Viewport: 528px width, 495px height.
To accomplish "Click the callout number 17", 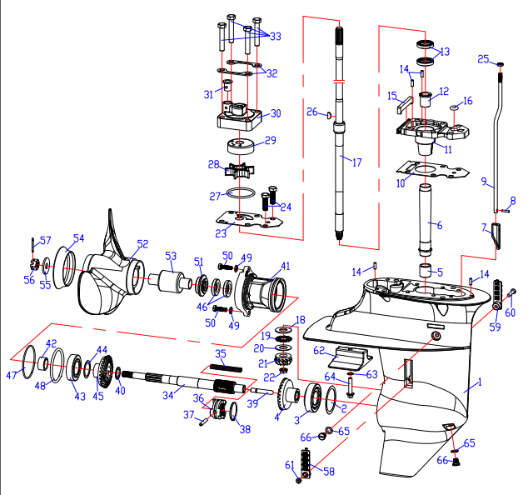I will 358,161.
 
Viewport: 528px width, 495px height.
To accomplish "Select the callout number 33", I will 275,36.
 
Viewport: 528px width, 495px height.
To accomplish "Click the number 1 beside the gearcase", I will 479,384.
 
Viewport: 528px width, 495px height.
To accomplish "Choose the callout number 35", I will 221,354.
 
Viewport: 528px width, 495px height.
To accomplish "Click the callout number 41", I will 286,267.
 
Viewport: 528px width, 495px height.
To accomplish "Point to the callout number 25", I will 483,58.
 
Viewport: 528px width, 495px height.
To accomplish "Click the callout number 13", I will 444,52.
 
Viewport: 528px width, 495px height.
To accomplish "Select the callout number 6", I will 440,225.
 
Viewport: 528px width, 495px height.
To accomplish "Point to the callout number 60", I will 510,312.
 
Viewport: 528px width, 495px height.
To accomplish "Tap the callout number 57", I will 46,241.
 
